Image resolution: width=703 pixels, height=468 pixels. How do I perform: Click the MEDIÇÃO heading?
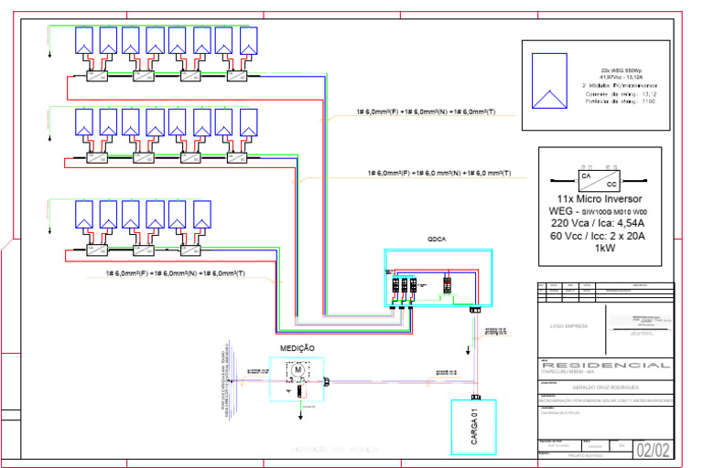(297, 347)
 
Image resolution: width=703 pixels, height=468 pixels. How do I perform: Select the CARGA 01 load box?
(473, 426)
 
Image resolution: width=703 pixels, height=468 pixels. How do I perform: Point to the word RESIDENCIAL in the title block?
(605, 366)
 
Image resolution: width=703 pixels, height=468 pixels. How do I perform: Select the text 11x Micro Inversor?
(600, 198)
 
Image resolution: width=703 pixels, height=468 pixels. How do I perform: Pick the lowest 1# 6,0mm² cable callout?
(176, 273)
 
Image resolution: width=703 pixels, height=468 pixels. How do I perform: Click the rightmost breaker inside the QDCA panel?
(448, 284)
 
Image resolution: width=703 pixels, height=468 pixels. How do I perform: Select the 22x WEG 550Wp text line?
(622, 69)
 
